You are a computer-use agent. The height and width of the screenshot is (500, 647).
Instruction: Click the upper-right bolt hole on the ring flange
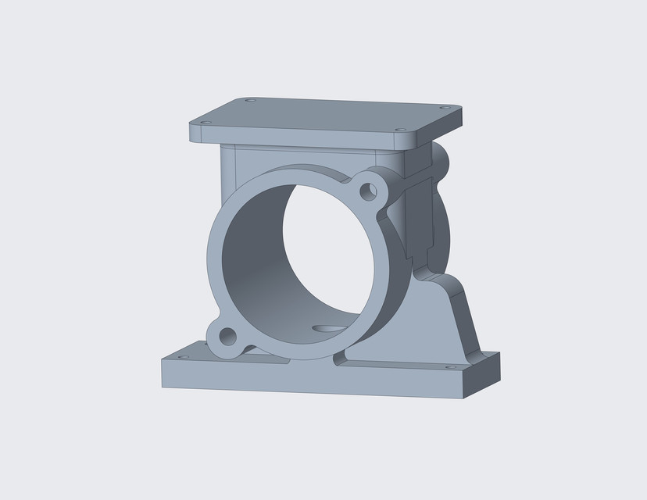click(x=367, y=190)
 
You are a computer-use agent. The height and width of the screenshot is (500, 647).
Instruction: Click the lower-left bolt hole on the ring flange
click(x=227, y=337)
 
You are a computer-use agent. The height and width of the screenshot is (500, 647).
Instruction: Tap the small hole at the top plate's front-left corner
click(x=206, y=122)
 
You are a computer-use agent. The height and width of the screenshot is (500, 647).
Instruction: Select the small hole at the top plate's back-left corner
click(x=250, y=100)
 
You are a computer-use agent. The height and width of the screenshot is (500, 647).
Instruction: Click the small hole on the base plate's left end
click(x=184, y=357)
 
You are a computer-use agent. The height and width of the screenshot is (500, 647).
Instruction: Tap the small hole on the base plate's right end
click(x=449, y=366)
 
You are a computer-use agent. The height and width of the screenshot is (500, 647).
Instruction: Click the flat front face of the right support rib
click(x=422, y=328)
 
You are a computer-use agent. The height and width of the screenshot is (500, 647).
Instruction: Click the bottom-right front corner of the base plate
click(x=463, y=398)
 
